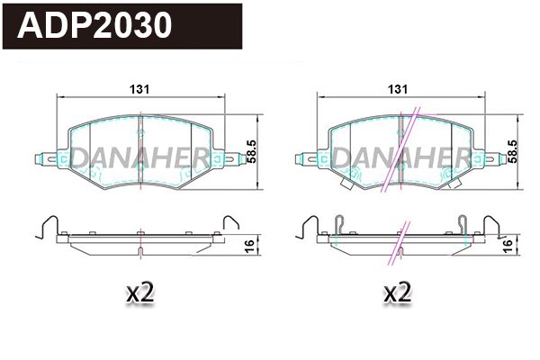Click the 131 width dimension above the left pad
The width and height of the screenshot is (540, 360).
(x=139, y=88)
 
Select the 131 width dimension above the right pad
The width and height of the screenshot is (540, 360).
(x=398, y=88)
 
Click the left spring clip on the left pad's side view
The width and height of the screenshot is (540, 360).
(x=46, y=224)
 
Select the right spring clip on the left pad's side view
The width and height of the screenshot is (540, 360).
(x=230, y=224)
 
